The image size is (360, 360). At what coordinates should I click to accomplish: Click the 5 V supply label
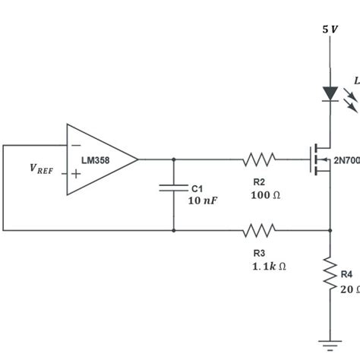(x=330, y=29)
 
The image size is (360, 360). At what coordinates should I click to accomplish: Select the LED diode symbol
(x=330, y=93)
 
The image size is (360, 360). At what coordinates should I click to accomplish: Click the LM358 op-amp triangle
(x=99, y=159)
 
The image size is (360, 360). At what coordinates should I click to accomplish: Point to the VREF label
(x=42, y=170)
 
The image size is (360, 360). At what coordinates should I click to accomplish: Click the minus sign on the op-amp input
(x=75, y=145)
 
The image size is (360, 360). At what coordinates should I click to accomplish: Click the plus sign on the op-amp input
(x=75, y=174)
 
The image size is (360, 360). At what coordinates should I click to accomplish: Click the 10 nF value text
(x=204, y=201)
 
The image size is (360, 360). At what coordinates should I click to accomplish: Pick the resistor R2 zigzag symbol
(x=258, y=159)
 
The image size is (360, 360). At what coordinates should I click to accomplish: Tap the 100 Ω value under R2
(x=265, y=195)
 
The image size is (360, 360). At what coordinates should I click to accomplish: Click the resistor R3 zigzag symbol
(x=258, y=229)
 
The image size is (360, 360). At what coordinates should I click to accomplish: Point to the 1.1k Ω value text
(x=269, y=266)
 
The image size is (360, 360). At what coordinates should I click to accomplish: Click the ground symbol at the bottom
(x=330, y=344)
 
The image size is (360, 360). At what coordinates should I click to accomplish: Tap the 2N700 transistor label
(x=347, y=161)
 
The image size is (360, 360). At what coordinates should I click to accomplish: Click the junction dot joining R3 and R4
(x=330, y=229)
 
